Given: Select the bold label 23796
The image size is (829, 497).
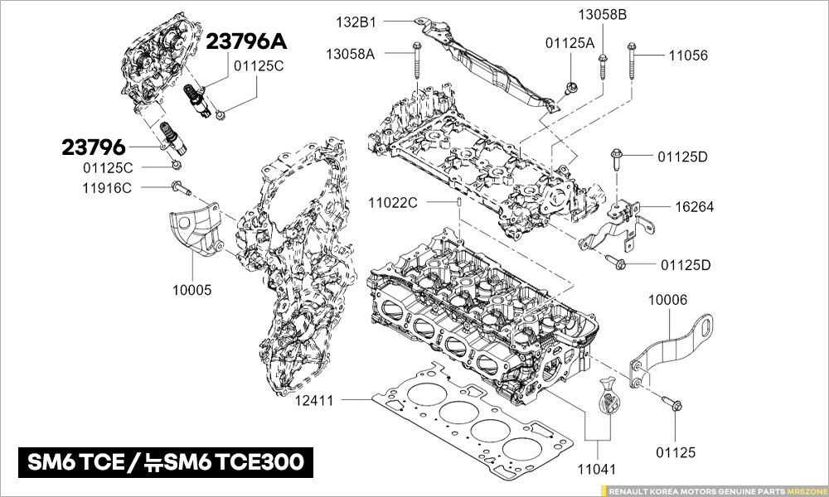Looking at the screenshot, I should click(93, 148).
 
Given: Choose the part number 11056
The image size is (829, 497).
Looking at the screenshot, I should click(689, 55).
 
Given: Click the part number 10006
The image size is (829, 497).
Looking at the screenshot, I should click(667, 299).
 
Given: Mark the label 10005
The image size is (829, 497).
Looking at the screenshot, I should click(192, 290).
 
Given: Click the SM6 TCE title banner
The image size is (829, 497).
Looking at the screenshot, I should click(166, 461).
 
